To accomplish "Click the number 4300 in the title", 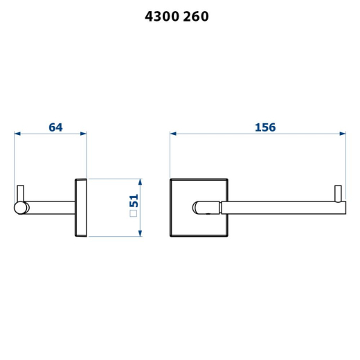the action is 162,17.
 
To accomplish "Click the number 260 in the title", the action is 196,17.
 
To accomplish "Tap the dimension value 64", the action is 55,127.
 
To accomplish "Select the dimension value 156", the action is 265,127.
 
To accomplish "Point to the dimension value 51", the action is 134,201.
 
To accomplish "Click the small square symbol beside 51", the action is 134,213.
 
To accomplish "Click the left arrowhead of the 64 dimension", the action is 17,134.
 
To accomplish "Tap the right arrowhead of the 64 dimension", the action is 83,134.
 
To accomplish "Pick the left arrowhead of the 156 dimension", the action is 173,134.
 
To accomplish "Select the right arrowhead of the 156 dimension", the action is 343,134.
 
